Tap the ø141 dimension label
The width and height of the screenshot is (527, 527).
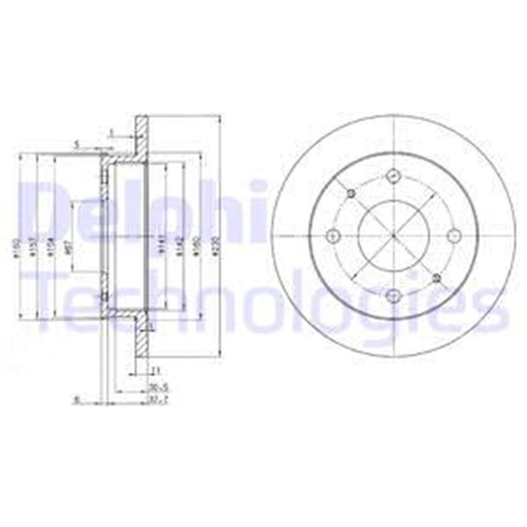pos(163,244)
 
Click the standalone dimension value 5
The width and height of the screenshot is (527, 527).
pos(77,143)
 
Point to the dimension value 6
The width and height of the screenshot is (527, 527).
pos(77,400)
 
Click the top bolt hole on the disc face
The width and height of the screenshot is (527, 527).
pos(393,175)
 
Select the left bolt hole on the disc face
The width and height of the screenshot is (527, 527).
pos(332,236)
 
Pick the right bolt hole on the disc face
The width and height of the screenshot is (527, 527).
pos(454,236)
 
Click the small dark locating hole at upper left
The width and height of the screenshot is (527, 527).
pos(352,194)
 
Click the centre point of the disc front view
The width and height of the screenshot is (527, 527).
pos(393,236)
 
